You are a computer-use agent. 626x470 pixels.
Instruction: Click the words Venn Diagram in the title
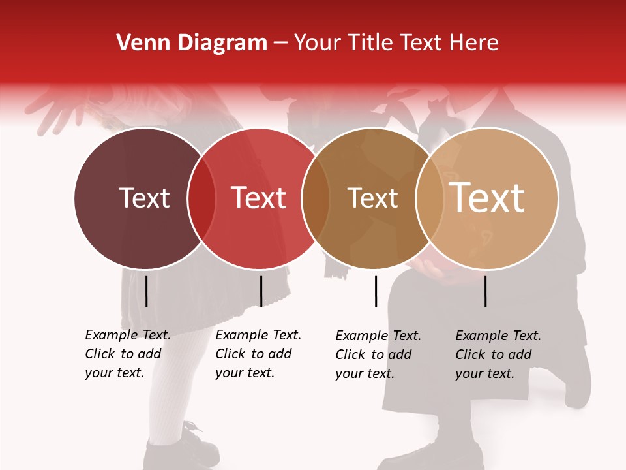coord(192,43)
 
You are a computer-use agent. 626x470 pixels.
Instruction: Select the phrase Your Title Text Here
coord(396,43)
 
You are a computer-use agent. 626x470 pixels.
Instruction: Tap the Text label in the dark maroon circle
coord(144,198)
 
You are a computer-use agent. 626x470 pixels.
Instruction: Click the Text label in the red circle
coord(259,198)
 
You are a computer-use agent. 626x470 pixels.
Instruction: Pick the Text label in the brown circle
coord(372,198)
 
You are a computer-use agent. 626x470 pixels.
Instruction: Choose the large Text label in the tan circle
coord(487,197)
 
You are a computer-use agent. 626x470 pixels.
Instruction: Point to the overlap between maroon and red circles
coord(201,198)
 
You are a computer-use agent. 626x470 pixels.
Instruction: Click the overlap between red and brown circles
coord(316,198)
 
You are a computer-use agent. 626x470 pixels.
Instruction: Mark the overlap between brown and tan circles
coord(430,198)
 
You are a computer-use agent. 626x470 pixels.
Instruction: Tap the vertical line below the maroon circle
coord(146,291)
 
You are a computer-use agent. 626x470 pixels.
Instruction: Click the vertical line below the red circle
coord(261,291)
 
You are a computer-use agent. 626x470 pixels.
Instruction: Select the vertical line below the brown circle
coord(376,291)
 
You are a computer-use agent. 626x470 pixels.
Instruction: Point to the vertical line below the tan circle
coord(485,291)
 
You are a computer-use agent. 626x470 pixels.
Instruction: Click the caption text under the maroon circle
coord(127,354)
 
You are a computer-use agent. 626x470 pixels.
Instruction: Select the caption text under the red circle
coord(258,354)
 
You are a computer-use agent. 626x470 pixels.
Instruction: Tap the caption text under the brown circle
coord(378,354)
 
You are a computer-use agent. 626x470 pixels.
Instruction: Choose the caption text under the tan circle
coord(498,354)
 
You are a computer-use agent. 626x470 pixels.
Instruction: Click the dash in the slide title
coord(280,44)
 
